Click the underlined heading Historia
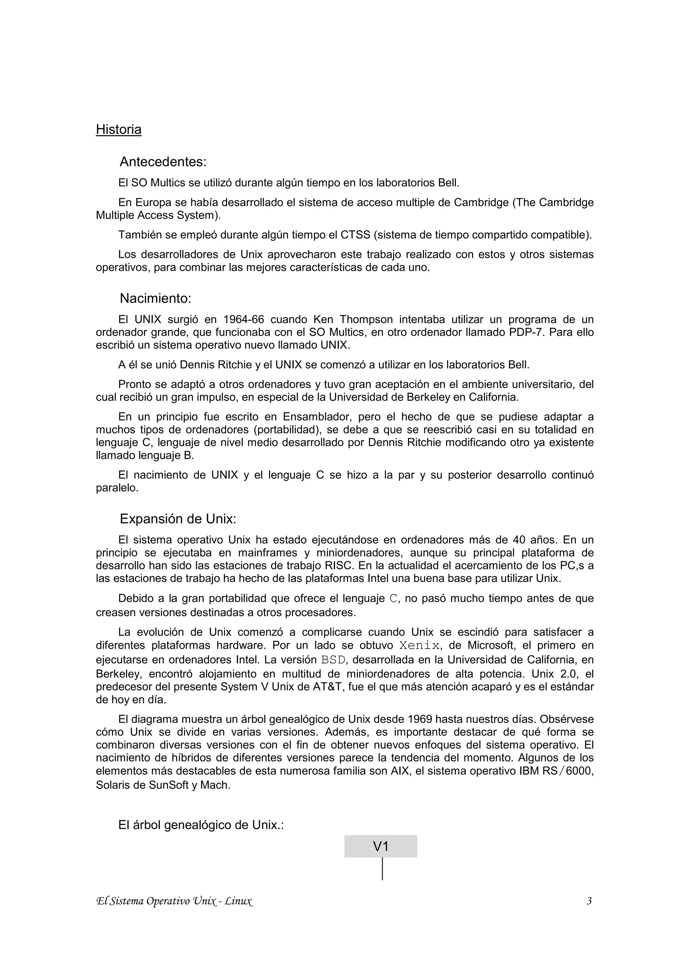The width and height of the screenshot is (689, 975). click(x=118, y=129)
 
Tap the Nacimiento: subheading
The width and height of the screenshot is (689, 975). click(x=155, y=298)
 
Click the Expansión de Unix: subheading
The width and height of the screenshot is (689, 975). click(x=178, y=519)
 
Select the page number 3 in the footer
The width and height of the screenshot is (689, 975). click(x=589, y=901)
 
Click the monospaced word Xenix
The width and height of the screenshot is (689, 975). click(x=420, y=646)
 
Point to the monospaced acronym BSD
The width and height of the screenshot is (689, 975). click(x=333, y=659)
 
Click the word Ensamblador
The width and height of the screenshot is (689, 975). click(x=315, y=417)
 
